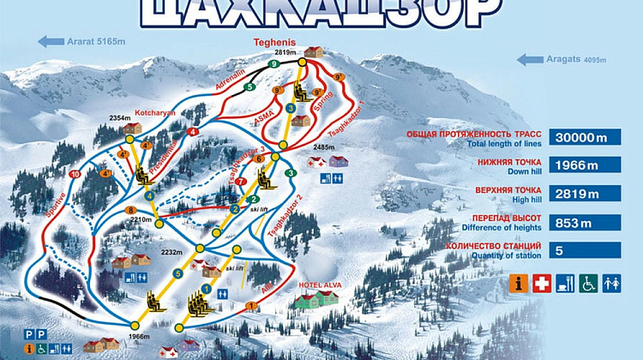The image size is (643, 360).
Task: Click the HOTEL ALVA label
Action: click(320, 285)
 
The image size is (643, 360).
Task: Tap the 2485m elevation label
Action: click(323, 147)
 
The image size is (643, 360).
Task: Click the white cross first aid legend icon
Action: click(541, 284)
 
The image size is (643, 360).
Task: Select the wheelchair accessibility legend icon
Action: click(588, 284)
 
